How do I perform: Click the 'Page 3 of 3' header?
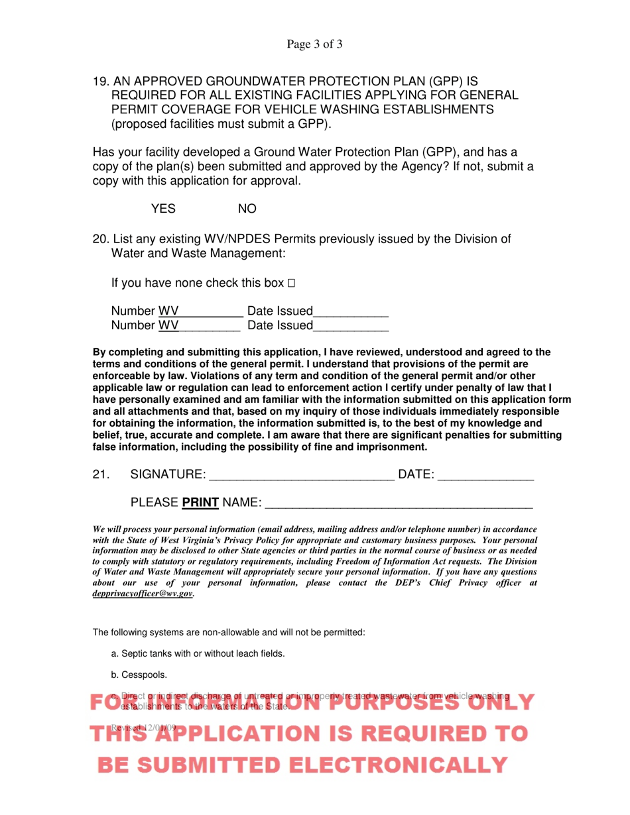click(314, 45)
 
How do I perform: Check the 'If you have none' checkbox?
click(290, 284)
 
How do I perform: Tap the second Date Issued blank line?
click(350, 326)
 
